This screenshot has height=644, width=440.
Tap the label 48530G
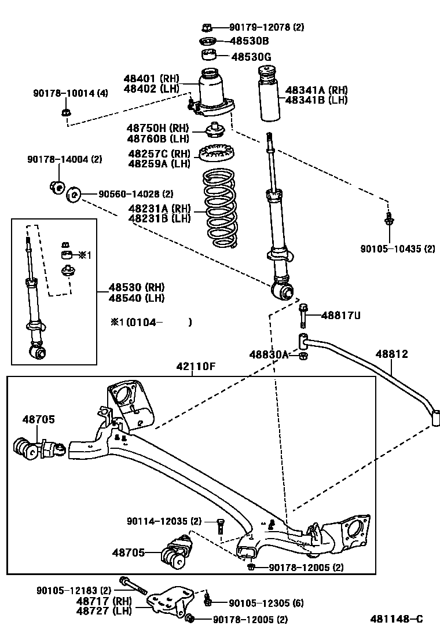coord(251,57)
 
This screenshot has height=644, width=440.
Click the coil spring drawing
coord(219,208)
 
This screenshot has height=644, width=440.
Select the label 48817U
coord(340,315)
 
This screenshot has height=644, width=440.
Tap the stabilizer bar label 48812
coord(391,354)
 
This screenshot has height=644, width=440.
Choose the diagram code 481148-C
coord(397,619)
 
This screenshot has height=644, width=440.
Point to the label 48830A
coord(269,354)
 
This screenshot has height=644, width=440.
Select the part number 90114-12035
coord(164,521)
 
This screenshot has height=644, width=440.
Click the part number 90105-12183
coord(74,590)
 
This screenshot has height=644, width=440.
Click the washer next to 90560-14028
coord(74,195)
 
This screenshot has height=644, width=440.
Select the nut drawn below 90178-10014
coord(66,112)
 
